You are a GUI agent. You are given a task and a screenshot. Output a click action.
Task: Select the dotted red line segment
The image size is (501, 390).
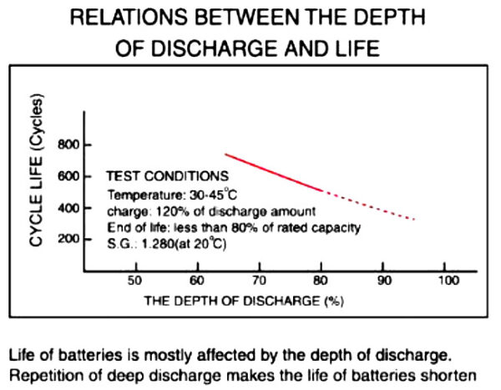coord(367,205)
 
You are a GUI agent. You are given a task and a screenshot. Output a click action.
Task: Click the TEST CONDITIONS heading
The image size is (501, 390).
coord(168,177)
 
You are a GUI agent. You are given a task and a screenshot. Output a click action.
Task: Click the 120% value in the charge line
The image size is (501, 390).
coord(160,210)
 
